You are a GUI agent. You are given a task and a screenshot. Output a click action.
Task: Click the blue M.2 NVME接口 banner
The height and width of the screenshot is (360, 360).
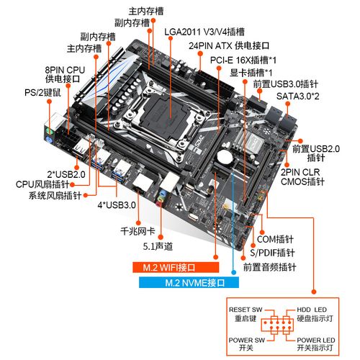pos(185,282)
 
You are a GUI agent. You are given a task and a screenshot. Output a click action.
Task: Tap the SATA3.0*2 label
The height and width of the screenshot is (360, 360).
pos(298,96)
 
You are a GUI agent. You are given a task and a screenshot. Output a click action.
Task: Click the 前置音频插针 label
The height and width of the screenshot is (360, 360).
pos(269,267)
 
